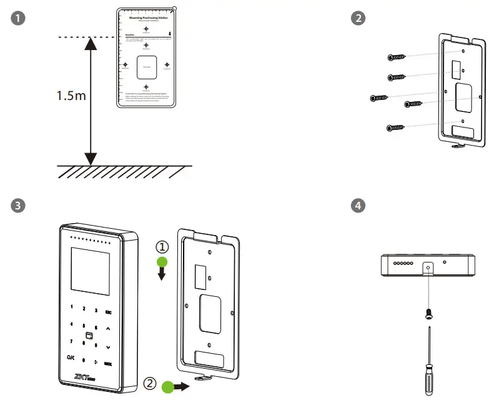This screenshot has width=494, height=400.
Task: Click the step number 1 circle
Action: [x=21, y=18]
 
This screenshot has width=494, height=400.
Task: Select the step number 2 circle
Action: [x=358, y=18]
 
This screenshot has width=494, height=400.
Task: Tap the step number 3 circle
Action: [x=21, y=205]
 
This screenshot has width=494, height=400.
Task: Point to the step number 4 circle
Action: [x=358, y=205]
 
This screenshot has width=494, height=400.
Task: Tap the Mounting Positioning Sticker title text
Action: [x=146, y=19]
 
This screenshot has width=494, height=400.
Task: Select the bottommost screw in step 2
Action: [x=393, y=127]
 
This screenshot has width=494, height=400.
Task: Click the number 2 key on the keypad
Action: [x=84, y=309]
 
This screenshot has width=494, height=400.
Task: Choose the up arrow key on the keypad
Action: [x=108, y=327]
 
